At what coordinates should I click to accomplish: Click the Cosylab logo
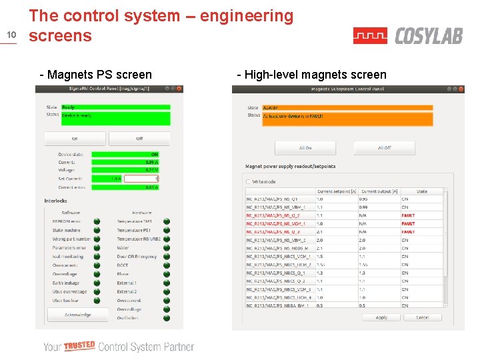point(407,36)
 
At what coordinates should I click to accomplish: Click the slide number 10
point(11,35)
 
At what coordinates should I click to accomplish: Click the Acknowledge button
point(77,315)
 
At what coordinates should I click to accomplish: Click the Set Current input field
point(141,179)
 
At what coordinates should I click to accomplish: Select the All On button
point(305,148)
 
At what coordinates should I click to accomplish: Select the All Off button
point(384,148)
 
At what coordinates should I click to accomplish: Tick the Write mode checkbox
point(249,181)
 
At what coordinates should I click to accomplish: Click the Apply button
point(381,317)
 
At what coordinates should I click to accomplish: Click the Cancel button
point(423,317)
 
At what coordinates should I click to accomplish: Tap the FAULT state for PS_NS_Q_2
point(408,215)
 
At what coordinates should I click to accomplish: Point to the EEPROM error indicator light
point(97,221)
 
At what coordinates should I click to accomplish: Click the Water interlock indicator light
point(167,248)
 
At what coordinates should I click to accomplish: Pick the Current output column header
point(376,191)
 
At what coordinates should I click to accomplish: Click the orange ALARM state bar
point(347,107)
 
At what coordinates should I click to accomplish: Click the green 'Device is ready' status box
point(115,118)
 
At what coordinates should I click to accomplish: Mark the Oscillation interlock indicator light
point(167,318)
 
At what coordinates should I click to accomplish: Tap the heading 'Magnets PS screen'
point(96,75)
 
